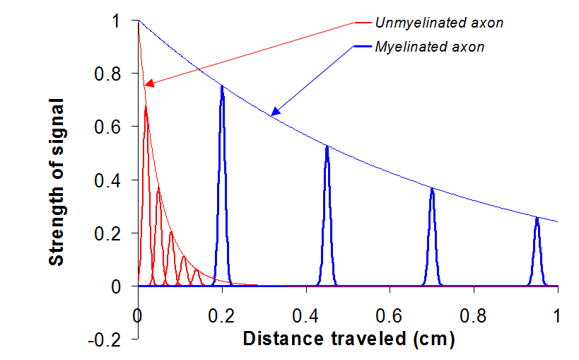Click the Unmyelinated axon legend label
click(439, 23)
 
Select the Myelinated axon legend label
click(430, 47)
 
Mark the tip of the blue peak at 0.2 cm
click(222, 87)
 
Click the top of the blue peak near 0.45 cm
click(327, 146)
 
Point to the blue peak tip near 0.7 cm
click(432, 188)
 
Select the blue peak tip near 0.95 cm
click(537, 218)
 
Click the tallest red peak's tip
click(146, 106)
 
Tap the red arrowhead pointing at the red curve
click(148, 85)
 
